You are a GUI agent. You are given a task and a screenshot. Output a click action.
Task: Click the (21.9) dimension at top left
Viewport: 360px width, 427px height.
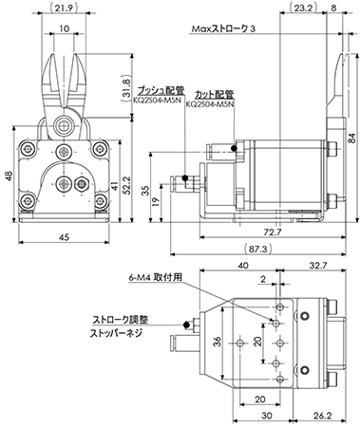(65, 8)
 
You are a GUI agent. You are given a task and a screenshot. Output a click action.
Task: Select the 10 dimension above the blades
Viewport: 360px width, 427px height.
(64, 28)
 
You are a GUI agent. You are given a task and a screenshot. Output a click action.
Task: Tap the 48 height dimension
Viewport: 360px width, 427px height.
(9, 176)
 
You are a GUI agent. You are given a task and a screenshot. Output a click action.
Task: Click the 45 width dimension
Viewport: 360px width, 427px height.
(65, 237)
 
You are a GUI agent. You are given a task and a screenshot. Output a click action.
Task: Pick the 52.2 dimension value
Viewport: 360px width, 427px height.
(126, 184)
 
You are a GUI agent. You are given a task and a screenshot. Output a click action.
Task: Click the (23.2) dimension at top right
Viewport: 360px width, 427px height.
(303, 8)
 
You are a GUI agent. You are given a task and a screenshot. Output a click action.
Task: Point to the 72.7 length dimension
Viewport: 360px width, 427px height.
(273, 232)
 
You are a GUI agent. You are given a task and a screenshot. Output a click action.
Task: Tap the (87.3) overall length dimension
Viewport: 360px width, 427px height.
(258, 249)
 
